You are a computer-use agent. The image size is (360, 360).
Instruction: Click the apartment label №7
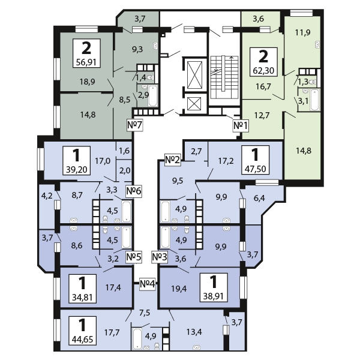tap(135, 125)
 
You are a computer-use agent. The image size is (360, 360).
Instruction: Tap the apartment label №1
tap(241, 125)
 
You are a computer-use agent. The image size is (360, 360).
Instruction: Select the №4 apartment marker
tap(148, 284)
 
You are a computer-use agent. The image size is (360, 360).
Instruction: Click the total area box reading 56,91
tap(86, 53)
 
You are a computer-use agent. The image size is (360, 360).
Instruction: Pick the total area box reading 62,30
tap(263, 62)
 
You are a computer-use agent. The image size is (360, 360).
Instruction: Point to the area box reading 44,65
tap(82, 331)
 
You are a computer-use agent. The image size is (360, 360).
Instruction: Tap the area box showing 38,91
tap(214, 287)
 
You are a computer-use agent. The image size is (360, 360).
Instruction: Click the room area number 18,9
tap(88, 82)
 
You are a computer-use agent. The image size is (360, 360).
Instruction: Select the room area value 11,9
tap(302, 32)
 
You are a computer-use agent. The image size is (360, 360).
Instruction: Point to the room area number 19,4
tap(179, 289)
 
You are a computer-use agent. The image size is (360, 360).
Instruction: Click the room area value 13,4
tap(194, 332)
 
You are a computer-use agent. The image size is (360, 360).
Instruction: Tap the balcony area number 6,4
tap(259, 198)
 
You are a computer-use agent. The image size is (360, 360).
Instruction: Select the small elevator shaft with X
tap(194, 104)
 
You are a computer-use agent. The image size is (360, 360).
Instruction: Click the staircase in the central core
tap(224, 77)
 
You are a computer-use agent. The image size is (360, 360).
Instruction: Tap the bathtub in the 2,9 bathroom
tap(152, 96)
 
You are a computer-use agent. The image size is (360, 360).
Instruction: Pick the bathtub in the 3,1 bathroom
tap(315, 100)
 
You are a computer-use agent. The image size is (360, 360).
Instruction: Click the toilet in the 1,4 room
tap(150, 78)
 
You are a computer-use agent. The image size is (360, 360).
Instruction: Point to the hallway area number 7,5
tap(145, 313)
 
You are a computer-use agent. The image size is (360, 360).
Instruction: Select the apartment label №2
tap(173, 160)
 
